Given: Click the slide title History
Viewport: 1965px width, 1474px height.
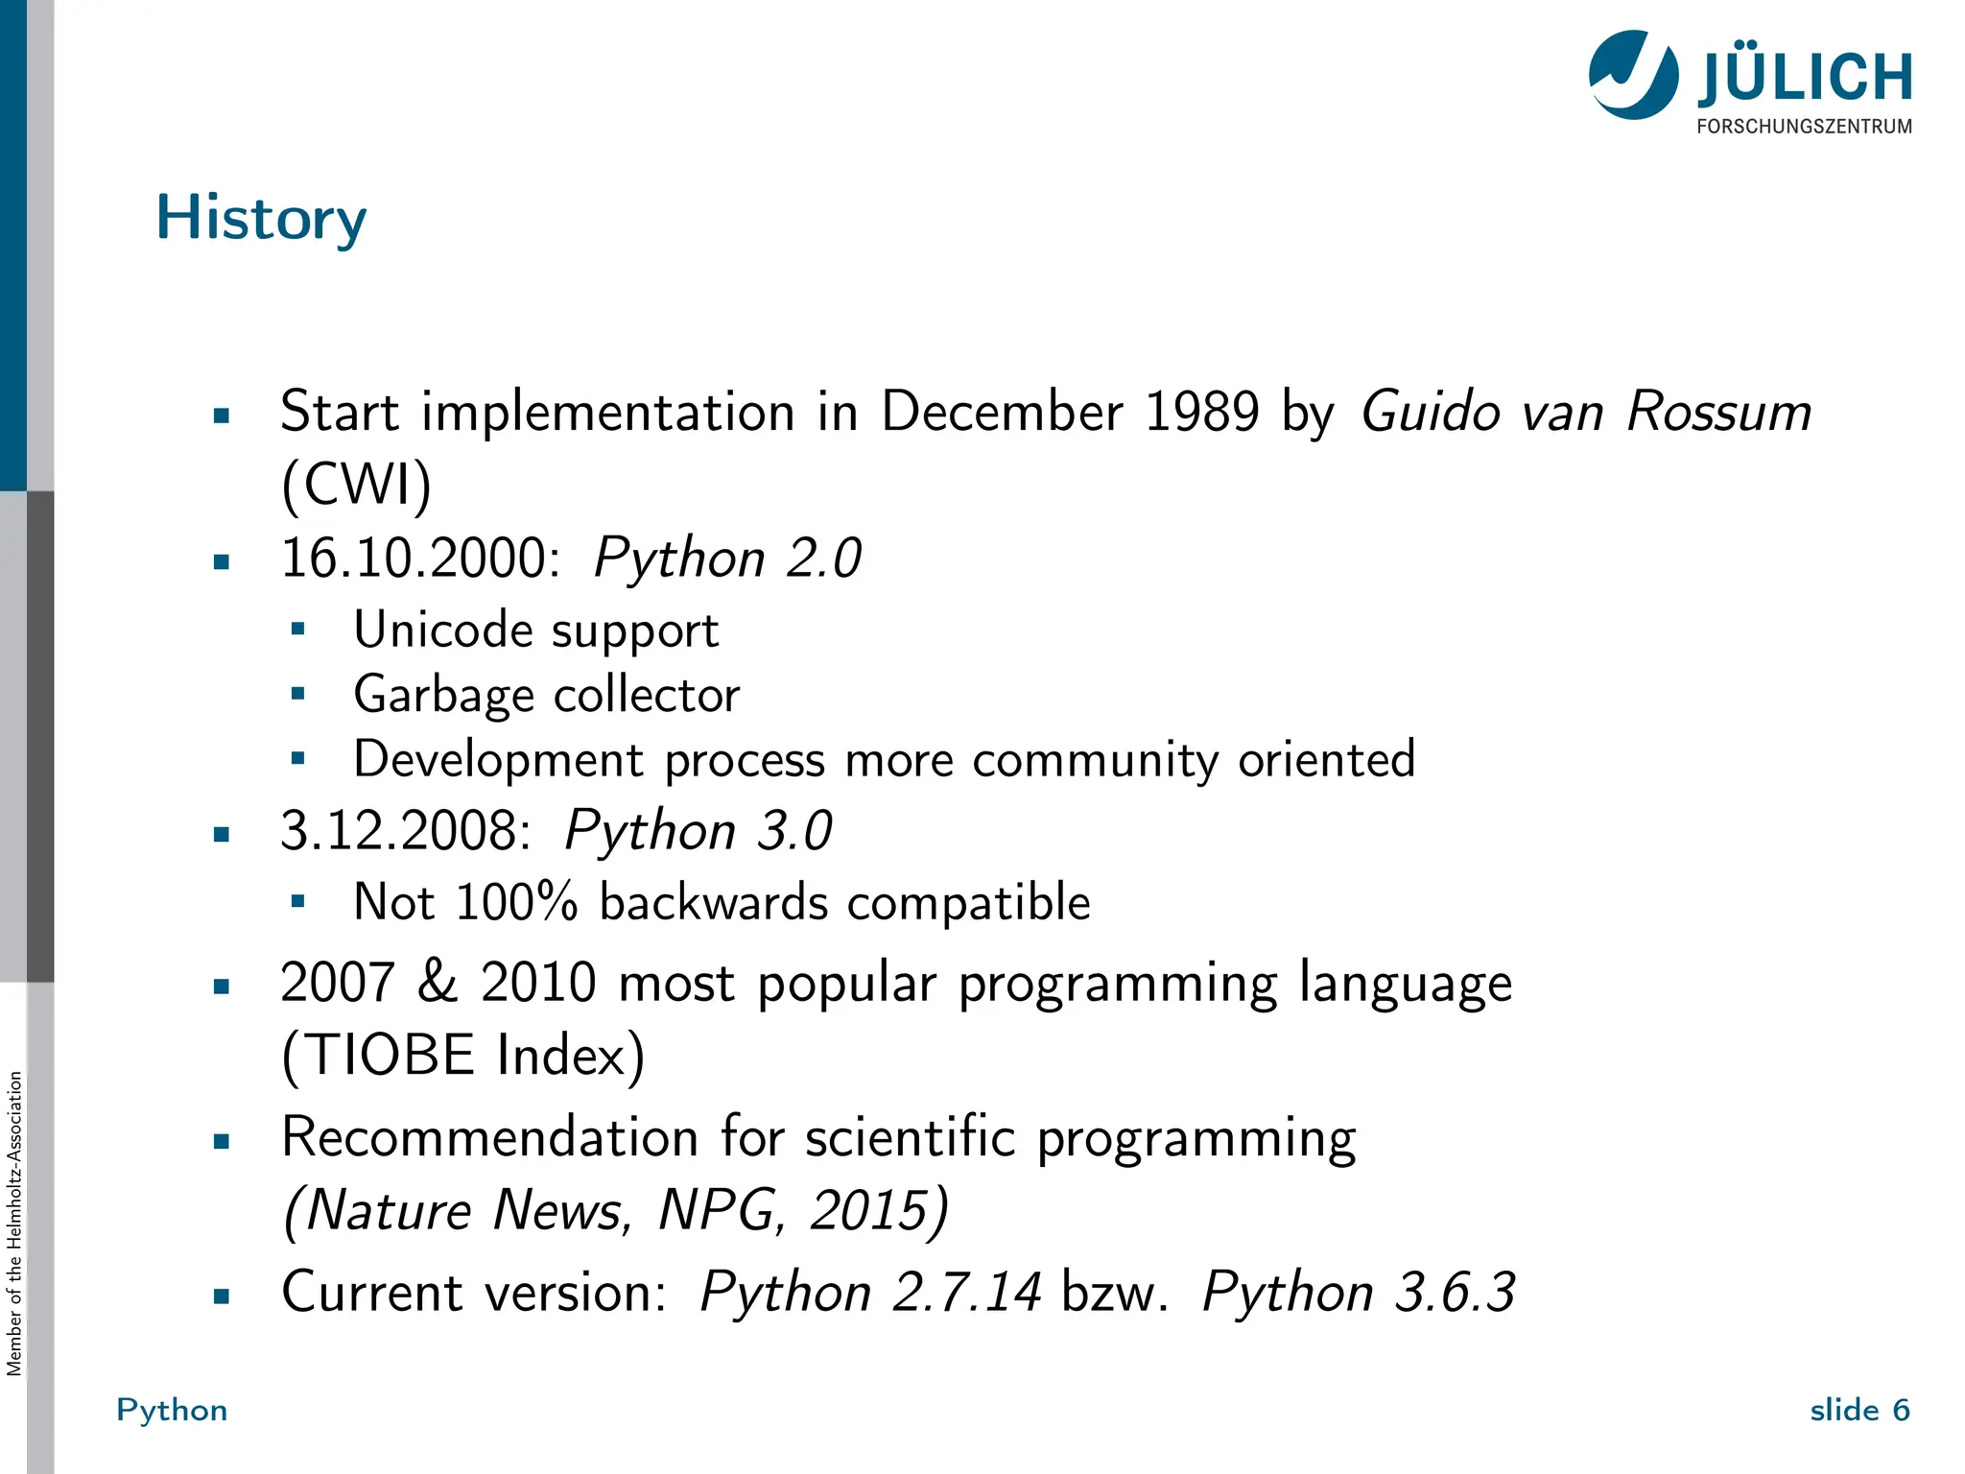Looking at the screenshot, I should [x=261, y=219].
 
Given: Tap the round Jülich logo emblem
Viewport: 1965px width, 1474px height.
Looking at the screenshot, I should [x=1633, y=76].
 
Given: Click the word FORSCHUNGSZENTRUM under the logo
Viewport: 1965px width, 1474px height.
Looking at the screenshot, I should [x=1804, y=127].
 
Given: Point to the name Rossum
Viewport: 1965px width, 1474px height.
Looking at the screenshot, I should [x=1719, y=413].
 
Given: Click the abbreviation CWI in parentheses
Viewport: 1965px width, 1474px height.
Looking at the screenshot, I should [x=357, y=485].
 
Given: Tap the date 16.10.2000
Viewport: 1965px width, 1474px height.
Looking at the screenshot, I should [x=419, y=559].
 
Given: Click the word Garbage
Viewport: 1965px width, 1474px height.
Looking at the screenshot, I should [x=443, y=696].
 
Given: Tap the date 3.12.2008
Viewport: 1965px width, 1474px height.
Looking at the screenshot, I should [x=405, y=831].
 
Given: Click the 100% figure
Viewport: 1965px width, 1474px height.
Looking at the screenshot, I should [x=516, y=903].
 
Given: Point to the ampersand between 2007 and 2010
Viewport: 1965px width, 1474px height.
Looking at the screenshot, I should [x=438, y=983].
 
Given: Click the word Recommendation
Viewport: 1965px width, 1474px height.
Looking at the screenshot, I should [x=489, y=1139].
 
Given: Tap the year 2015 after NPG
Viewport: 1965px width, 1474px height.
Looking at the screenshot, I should [x=868, y=1211].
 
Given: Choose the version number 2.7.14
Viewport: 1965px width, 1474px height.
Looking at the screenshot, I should [x=966, y=1293].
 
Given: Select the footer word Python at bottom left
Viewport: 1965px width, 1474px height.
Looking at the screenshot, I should [x=173, y=1411].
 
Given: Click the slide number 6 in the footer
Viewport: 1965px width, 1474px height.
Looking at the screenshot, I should [x=1901, y=1411].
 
